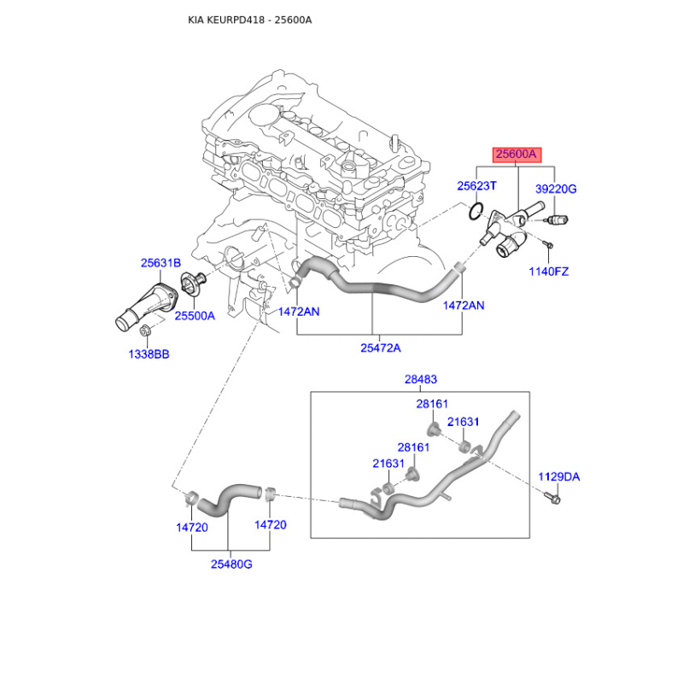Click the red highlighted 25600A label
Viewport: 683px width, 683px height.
(517, 155)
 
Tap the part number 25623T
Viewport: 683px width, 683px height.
(476, 185)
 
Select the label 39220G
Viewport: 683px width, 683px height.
(556, 189)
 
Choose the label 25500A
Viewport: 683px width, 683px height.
(195, 315)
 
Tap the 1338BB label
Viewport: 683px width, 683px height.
(148, 353)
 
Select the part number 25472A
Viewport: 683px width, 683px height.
(380, 347)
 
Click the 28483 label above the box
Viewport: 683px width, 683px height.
(420, 378)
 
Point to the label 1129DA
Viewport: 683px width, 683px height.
(558, 476)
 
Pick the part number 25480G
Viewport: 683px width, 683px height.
(231, 564)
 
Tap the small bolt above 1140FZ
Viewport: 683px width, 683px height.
(549, 248)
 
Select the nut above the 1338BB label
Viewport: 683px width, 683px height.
(148, 331)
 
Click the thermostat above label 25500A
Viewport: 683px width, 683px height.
(193, 288)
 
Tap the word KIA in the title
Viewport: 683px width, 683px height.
(197, 20)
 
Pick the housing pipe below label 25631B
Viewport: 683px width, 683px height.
(145, 303)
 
